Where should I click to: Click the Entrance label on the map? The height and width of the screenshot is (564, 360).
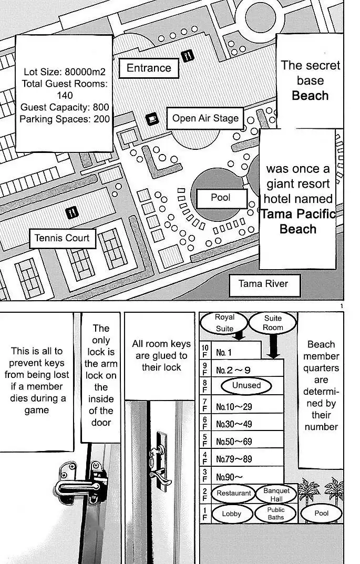click(x=149, y=68)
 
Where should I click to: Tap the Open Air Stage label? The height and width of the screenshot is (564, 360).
click(x=205, y=118)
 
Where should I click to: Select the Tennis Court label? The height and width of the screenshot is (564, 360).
click(x=63, y=238)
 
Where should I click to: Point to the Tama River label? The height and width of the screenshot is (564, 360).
click(x=263, y=284)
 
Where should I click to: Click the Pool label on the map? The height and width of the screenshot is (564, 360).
click(x=221, y=198)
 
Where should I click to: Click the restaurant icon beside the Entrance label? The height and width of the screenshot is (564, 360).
click(x=187, y=55)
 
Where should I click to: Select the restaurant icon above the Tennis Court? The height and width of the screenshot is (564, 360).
click(x=72, y=212)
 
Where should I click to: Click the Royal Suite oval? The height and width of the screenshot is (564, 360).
click(x=224, y=322)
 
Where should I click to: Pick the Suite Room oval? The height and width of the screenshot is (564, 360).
click(x=273, y=323)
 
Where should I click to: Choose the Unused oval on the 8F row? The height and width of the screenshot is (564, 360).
click(x=246, y=386)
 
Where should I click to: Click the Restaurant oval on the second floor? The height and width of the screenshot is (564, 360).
click(x=233, y=493)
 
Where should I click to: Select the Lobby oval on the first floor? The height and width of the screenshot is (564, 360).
click(x=231, y=514)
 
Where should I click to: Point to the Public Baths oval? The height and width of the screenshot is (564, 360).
click(x=276, y=514)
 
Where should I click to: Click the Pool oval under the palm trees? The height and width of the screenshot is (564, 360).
click(x=321, y=513)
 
